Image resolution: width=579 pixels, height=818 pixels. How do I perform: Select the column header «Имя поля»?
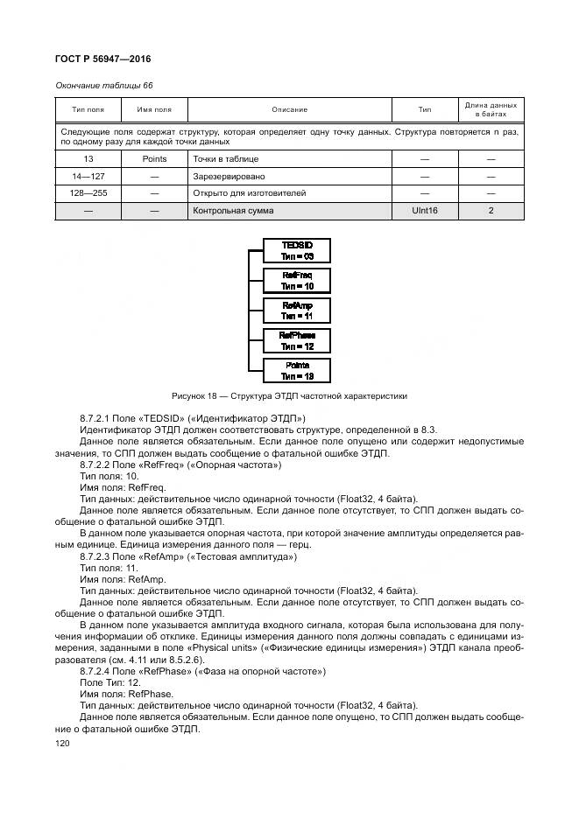click(x=154, y=109)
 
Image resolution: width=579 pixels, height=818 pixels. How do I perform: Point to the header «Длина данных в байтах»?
click(x=491, y=109)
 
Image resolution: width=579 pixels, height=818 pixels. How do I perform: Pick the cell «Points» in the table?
click(x=154, y=159)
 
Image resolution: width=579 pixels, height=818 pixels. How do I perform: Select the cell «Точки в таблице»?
click(x=226, y=159)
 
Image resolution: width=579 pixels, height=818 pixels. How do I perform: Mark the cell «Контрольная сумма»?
click(x=233, y=211)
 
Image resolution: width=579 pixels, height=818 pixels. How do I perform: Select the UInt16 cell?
click(x=424, y=211)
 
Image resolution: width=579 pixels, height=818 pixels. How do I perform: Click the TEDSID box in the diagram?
click(x=297, y=250)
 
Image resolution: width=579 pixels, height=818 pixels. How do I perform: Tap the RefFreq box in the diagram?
click(x=297, y=280)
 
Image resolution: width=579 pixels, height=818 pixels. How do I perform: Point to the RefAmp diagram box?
click(x=297, y=310)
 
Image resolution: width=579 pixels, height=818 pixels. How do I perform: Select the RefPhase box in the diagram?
click(x=297, y=340)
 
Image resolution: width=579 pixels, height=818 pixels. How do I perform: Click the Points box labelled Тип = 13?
click(x=297, y=370)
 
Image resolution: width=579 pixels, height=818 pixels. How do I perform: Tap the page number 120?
click(x=62, y=742)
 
